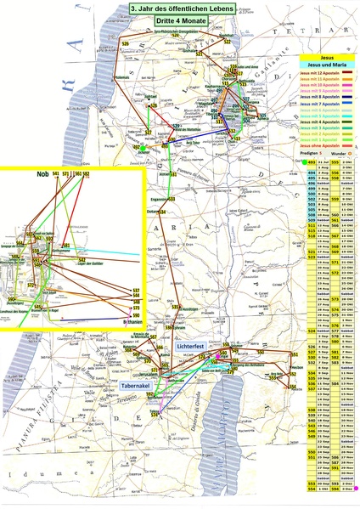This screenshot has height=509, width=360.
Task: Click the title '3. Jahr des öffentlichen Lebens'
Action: point(181,7)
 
